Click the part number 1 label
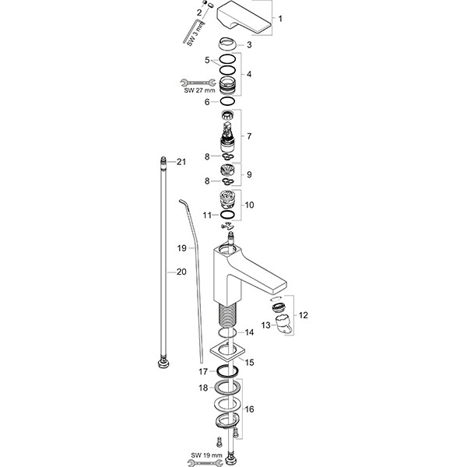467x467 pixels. [x=282, y=18]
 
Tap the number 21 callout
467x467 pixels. [x=182, y=162]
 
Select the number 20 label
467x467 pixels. [x=182, y=272]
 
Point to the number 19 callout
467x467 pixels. [x=182, y=248]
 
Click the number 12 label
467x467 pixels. [x=304, y=315]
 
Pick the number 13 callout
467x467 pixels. [x=265, y=325]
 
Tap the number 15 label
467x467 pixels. [x=250, y=362]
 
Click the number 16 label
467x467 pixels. [x=250, y=408]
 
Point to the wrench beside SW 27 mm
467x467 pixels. [x=193, y=80]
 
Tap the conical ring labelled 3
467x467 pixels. [x=227, y=44]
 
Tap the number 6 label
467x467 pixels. [x=207, y=101]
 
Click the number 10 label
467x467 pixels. [x=250, y=205]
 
